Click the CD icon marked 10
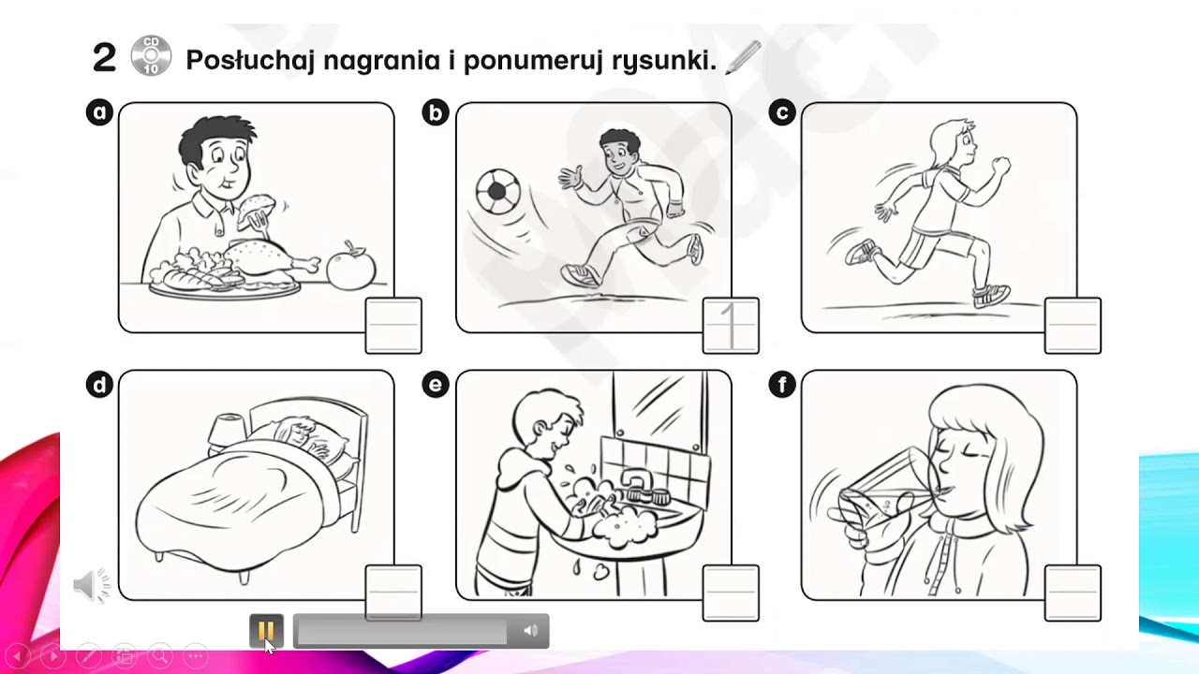(151, 55)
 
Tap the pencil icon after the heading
(743, 57)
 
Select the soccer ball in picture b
(497, 192)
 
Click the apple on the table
(351, 266)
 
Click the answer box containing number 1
(731, 326)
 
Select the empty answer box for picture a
(393, 326)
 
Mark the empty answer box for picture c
(1073, 326)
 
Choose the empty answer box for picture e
(731, 593)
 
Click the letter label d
(99, 385)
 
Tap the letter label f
(782, 385)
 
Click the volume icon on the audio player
(530, 631)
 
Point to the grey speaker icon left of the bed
(91, 585)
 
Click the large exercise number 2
(104, 58)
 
